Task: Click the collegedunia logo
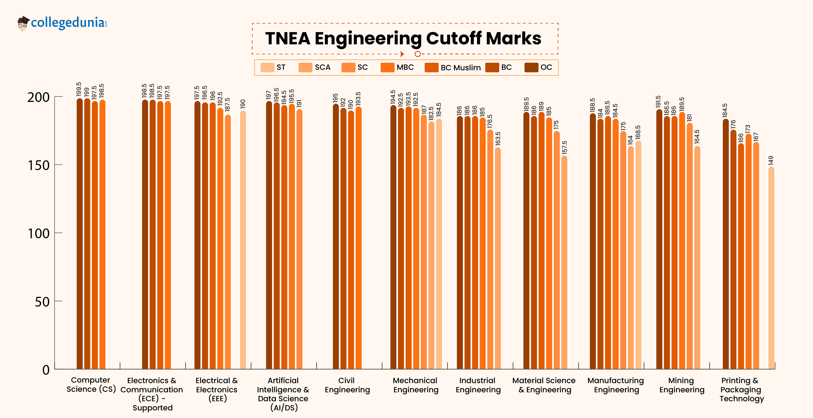coord(63,23)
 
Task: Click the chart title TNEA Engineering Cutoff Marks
coord(403,38)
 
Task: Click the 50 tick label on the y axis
coord(42,302)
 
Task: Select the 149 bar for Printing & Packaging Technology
coord(771,268)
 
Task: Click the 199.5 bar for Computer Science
coord(80,233)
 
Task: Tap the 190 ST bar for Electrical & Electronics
coord(243,240)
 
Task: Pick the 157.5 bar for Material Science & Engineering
coord(564,262)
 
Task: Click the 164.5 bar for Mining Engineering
coord(697,257)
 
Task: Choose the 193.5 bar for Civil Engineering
coord(358,238)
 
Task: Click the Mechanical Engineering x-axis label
coord(415,385)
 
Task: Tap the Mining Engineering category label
coord(681,385)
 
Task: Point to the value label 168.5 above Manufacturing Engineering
coord(638,132)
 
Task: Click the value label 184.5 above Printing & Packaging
coord(725,111)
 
